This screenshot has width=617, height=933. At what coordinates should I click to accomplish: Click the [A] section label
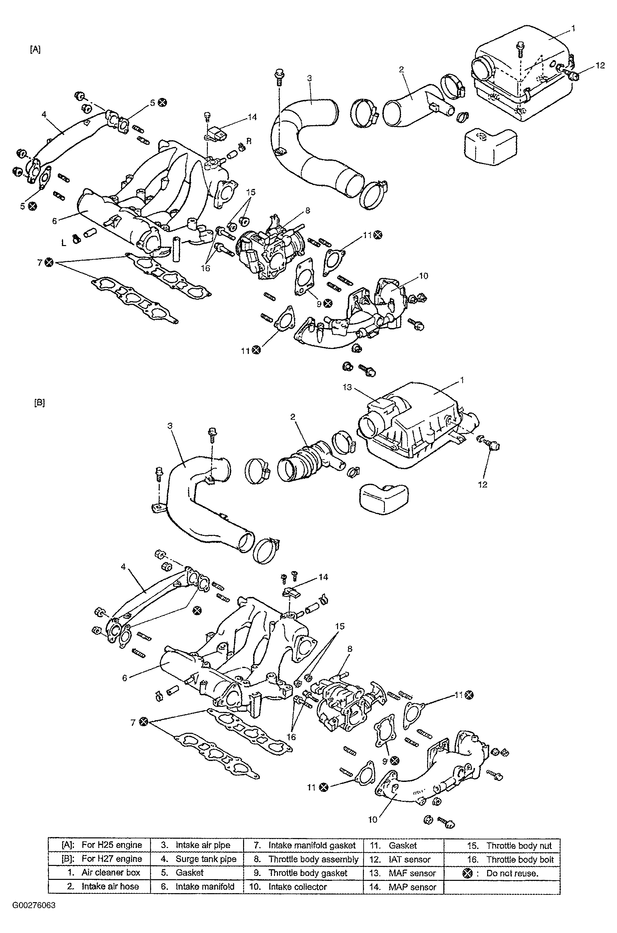(x=35, y=49)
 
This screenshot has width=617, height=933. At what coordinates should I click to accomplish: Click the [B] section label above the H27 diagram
(x=39, y=403)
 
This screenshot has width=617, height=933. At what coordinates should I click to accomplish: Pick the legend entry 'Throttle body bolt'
(x=520, y=859)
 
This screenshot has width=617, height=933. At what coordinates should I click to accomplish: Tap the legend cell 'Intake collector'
(x=298, y=887)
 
